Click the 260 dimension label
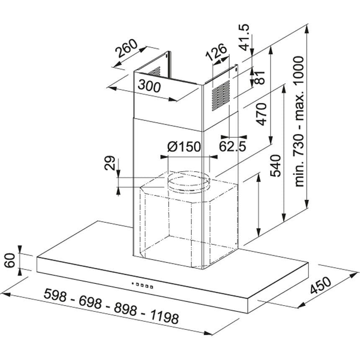[x=126, y=49]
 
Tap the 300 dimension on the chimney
[x=149, y=86]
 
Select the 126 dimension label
[x=216, y=53]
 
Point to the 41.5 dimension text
[x=244, y=37]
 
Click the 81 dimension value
[x=260, y=77]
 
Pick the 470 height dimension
[x=262, y=114]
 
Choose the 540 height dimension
[x=275, y=166]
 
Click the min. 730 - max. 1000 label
[x=299, y=121]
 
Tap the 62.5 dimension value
[x=232, y=146]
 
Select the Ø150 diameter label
[x=184, y=147]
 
